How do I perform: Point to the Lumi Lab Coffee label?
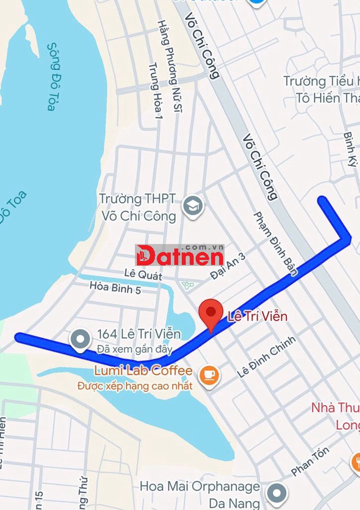pos(143,371)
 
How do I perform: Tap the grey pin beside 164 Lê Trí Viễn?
pos(80,341)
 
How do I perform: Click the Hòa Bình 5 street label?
pos(115,287)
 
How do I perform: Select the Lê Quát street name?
pos(143,273)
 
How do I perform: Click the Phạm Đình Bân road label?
pos(275,244)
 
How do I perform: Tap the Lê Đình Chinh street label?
pos(266,357)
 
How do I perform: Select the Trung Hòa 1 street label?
pos(156,90)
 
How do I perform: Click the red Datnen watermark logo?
pos(180,255)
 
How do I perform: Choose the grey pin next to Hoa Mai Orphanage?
pos(276,494)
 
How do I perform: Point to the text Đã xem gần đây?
pos(134,349)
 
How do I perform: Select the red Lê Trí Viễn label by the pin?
pos(257,316)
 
